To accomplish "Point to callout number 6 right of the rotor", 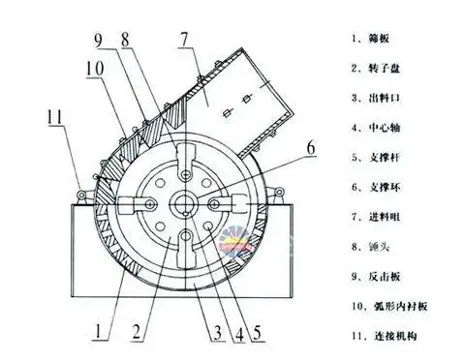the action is click(x=310, y=147).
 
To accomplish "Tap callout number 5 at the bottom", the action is click(x=257, y=334).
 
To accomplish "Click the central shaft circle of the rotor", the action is click(x=180, y=206).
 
